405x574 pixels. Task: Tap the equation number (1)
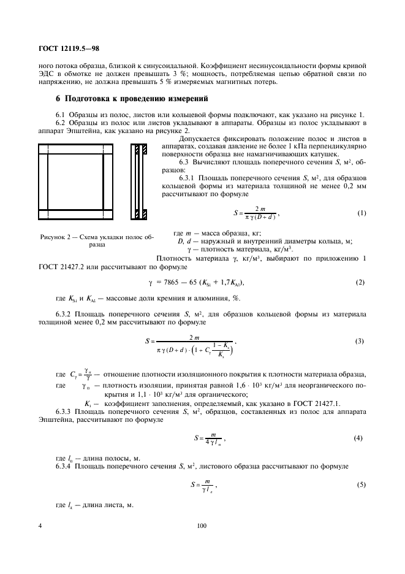point(361,213)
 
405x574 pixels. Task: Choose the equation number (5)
point(361,485)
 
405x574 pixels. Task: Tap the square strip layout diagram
point(77,182)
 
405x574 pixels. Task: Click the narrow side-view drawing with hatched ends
point(140,182)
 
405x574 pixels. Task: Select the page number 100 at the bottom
point(202,526)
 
